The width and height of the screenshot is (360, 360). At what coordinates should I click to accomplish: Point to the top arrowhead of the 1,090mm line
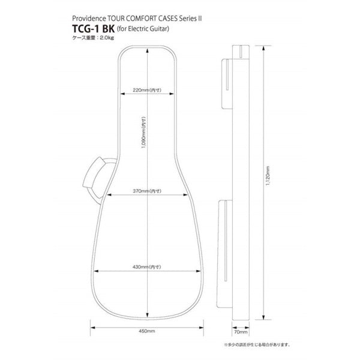coord(148,51)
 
